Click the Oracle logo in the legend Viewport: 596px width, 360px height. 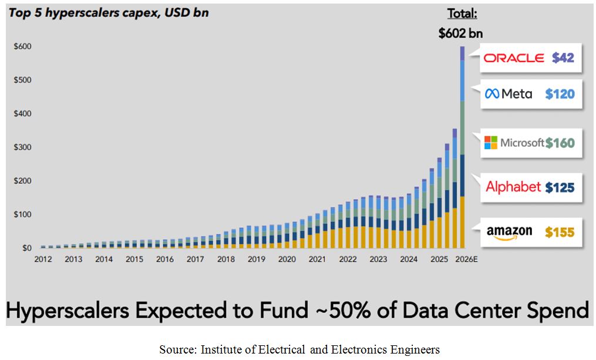[513, 58]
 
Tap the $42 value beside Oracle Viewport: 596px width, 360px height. [563, 58]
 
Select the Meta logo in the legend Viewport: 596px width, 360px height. [509, 93]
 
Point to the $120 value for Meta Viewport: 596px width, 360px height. [560, 93]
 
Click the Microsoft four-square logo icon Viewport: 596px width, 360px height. [490, 142]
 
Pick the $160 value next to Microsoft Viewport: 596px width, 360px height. [560, 142]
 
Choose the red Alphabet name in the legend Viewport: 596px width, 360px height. [513, 187]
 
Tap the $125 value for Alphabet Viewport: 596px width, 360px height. [560, 187]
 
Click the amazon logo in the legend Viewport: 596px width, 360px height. [509, 232]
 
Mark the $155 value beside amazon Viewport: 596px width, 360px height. [560, 232]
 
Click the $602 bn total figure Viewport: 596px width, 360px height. [460, 33]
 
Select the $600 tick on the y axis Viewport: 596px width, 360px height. [23, 46]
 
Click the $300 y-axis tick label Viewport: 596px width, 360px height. [23, 147]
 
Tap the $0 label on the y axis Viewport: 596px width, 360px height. [26, 248]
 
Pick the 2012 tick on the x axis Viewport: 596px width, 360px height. [43, 259]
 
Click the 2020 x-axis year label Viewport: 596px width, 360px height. [287, 259]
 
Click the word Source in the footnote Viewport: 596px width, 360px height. [176, 349]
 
